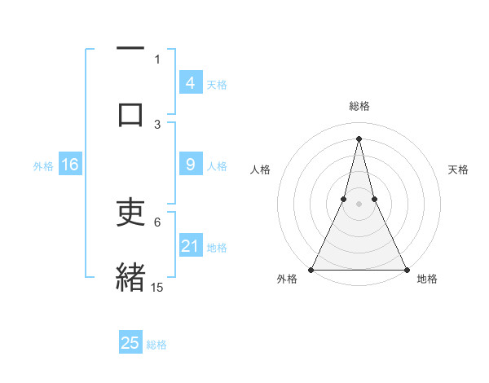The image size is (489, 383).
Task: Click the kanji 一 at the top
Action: pyautogui.click(x=130, y=49)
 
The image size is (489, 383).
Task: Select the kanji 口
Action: pyautogui.click(x=130, y=115)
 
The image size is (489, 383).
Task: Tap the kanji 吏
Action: pyautogui.click(x=130, y=213)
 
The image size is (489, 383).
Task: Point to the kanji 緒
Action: pyautogui.click(x=130, y=277)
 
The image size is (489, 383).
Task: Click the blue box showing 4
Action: pyautogui.click(x=190, y=83)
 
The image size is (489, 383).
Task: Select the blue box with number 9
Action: pyautogui.click(x=190, y=165)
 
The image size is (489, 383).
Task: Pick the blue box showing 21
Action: pyautogui.click(x=190, y=246)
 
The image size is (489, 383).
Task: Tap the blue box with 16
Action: pyautogui.click(x=70, y=165)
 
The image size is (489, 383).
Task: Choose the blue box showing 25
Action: pyautogui.click(x=130, y=343)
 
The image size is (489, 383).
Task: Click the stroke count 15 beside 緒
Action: pyautogui.click(x=157, y=288)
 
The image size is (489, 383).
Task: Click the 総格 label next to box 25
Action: pyautogui.click(x=156, y=345)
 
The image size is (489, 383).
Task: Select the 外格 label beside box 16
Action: pyautogui.click(x=43, y=166)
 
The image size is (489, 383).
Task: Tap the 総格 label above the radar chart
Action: pyautogui.click(x=359, y=106)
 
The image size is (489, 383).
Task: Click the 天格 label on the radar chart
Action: pyautogui.click(x=459, y=169)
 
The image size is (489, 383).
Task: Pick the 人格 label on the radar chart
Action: pyautogui.click(x=260, y=169)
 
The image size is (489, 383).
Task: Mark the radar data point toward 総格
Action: pyautogui.click(x=359, y=139)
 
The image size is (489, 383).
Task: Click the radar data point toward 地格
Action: pyautogui.click(x=406, y=269)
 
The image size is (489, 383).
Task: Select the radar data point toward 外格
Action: pyautogui.click(x=311, y=269)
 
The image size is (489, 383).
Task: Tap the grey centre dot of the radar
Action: pyautogui.click(x=359, y=205)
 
